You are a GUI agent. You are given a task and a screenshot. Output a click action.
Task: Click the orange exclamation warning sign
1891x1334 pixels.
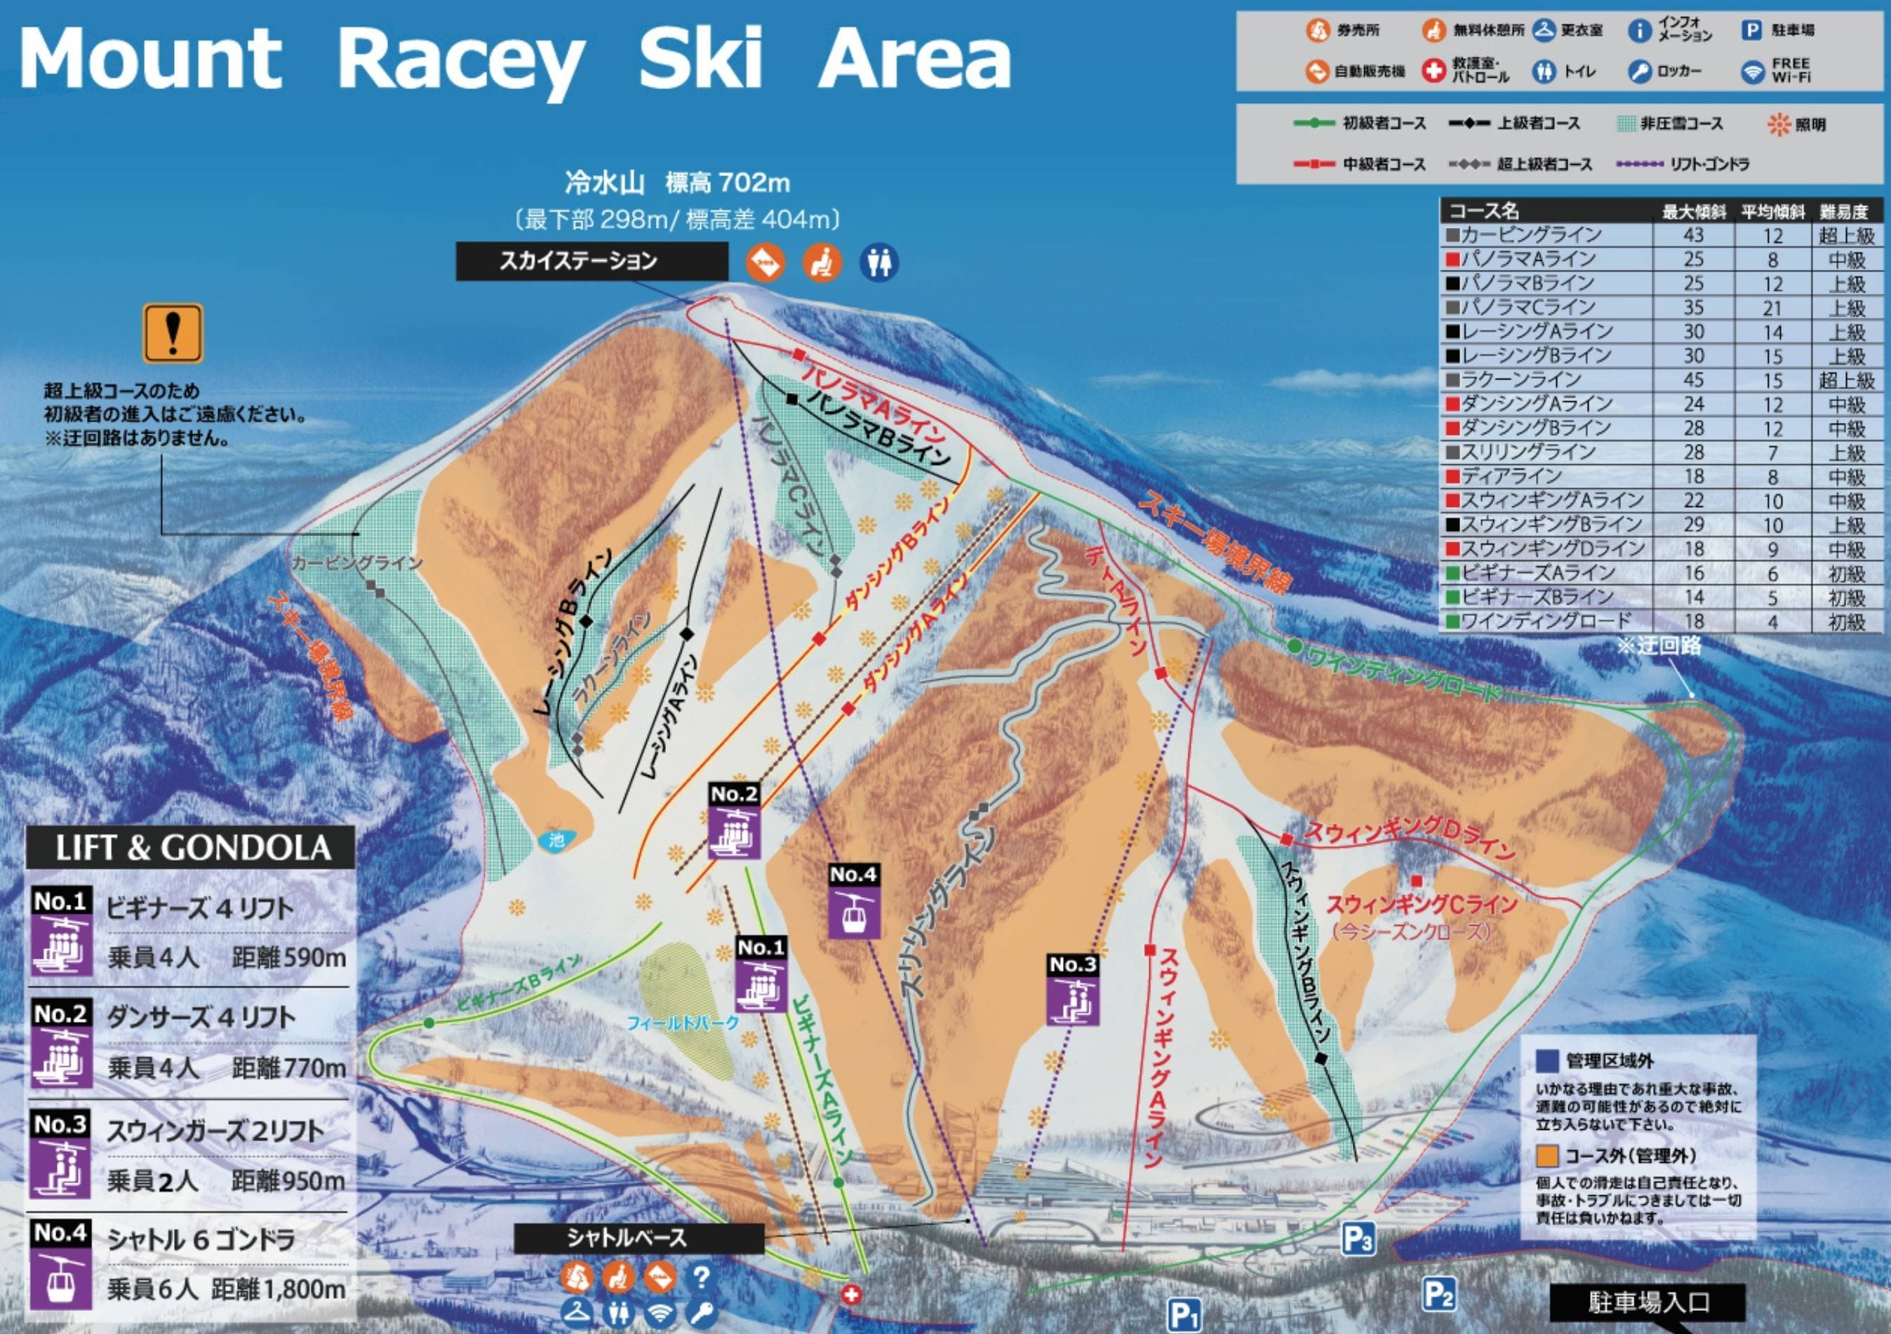coord(173,334)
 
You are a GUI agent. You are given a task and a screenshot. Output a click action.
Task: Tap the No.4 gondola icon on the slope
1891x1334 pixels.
coord(853,912)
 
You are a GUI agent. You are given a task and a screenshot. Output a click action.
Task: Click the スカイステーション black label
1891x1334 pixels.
coord(592,261)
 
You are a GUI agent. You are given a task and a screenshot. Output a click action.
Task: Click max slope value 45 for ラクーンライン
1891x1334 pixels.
coord(1693,379)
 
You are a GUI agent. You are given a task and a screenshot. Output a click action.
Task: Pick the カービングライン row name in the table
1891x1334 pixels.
coord(1531,235)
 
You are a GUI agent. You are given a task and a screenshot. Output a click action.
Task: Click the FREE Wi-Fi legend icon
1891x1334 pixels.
coord(1753,72)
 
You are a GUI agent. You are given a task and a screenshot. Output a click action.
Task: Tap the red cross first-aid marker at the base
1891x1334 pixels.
coord(852,1295)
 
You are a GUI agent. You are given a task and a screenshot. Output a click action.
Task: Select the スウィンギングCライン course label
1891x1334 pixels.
coord(1422,905)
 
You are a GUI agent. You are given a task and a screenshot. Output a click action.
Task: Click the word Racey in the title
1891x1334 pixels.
coord(461,60)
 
